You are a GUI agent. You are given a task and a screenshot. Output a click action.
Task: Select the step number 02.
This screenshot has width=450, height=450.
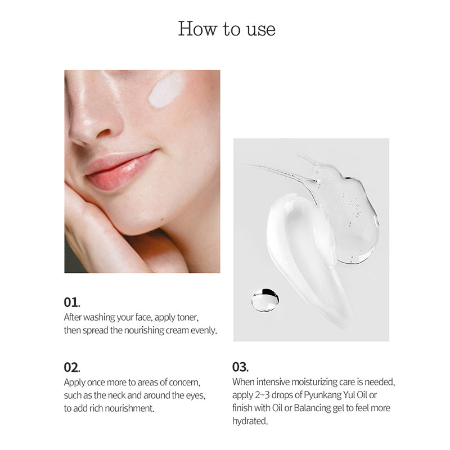72,367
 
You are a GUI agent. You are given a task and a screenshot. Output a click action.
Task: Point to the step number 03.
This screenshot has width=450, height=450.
240,367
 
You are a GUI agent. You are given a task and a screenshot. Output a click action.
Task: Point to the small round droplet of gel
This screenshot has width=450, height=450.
264,300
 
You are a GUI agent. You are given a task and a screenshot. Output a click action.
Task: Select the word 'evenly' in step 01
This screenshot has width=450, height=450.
204,330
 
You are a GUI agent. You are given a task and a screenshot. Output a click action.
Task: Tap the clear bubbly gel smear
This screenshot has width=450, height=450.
349,208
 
